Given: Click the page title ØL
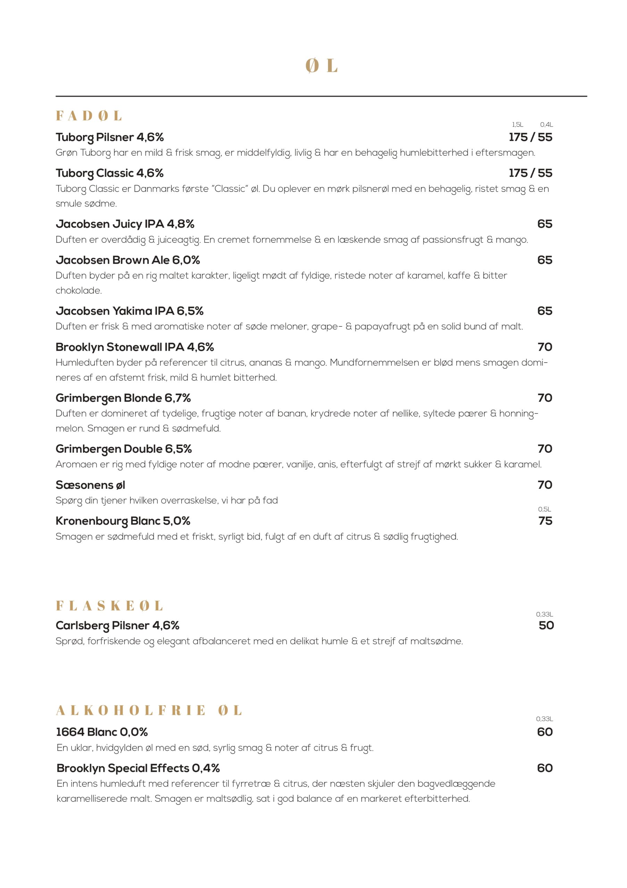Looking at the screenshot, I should [x=321, y=66].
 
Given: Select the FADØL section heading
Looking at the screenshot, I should [x=89, y=116].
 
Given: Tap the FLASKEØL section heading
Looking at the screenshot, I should [x=109, y=606].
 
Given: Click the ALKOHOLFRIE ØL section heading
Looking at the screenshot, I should [x=149, y=710].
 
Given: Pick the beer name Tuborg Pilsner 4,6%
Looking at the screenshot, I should [x=109, y=137].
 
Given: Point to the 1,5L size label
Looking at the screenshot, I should [x=518, y=125].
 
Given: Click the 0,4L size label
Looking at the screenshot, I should [x=546, y=125].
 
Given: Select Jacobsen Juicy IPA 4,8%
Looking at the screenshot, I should [x=125, y=224].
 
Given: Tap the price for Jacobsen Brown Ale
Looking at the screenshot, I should [x=545, y=260].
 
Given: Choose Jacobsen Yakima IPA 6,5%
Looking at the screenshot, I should [x=129, y=311].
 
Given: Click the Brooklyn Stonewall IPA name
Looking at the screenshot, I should [x=135, y=347].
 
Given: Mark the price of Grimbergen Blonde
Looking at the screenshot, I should [x=545, y=398].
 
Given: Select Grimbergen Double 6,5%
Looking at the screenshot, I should [x=124, y=449].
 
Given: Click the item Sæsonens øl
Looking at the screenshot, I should [x=90, y=485].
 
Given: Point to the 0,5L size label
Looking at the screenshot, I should [x=544, y=509].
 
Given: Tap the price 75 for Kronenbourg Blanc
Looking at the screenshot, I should [x=545, y=521].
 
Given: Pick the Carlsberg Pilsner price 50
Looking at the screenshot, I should [x=546, y=625].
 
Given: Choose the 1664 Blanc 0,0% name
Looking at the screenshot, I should [x=102, y=732].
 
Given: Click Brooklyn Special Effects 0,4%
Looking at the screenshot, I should [x=138, y=768].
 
